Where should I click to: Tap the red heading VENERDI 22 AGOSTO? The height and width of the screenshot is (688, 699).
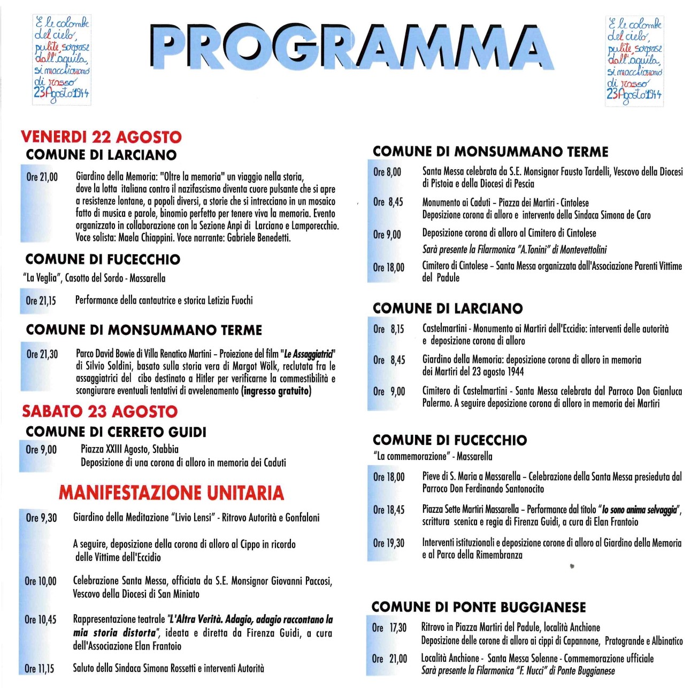pyautogui.click(x=102, y=137)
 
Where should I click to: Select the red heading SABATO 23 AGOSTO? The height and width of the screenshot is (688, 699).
pyautogui.click(x=99, y=411)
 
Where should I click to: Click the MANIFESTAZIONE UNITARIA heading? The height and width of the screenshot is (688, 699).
pyautogui.click(x=171, y=492)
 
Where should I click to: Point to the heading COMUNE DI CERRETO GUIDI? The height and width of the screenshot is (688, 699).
pyautogui.click(x=116, y=432)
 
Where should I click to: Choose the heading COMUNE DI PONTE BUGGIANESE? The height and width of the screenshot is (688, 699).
pyautogui.click(x=479, y=607)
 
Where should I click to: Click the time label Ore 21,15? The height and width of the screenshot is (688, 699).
pyautogui.click(x=41, y=301)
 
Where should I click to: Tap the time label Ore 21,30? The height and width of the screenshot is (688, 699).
pyautogui.click(x=42, y=354)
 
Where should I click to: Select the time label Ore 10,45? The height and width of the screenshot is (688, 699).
pyautogui.click(x=41, y=620)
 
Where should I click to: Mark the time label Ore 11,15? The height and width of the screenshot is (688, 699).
pyautogui.click(x=40, y=668)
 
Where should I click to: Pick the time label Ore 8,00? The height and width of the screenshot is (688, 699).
pyautogui.click(x=387, y=172)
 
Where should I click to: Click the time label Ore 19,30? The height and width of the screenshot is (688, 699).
pyautogui.click(x=389, y=543)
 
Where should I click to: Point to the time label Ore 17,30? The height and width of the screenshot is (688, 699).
pyautogui.click(x=389, y=628)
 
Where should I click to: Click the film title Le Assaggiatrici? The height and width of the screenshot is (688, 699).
pyautogui.click(x=309, y=354)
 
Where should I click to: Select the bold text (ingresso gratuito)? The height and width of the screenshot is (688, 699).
pyautogui.click(x=276, y=391)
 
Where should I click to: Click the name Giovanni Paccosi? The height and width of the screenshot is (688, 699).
pyautogui.click(x=299, y=581)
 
